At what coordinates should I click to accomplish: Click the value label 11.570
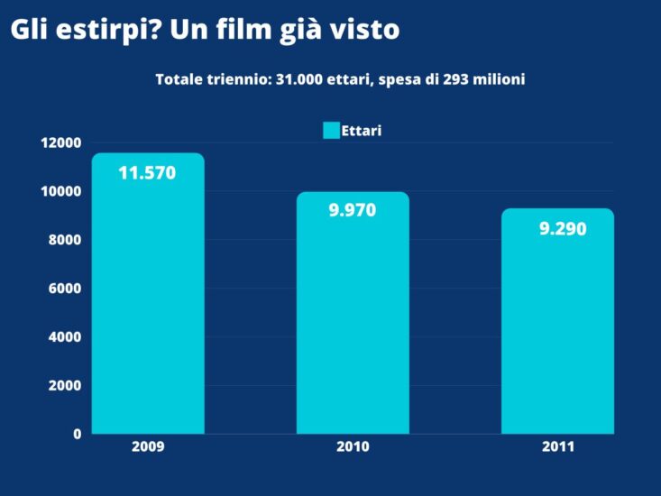click(147, 173)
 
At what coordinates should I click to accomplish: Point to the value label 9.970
click(353, 210)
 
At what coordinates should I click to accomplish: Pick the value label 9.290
click(563, 229)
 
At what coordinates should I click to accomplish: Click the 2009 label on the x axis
click(148, 447)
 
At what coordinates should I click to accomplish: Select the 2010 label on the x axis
click(353, 447)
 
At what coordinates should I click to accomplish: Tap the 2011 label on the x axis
click(558, 447)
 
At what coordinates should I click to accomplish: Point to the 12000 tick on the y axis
click(61, 142)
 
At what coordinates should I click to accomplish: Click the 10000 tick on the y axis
click(61, 191)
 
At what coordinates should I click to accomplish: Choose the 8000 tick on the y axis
click(65, 240)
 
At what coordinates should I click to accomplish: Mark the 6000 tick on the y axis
click(65, 289)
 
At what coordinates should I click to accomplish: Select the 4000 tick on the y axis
click(65, 336)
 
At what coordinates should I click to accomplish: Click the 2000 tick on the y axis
click(65, 385)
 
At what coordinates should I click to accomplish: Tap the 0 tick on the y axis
click(78, 434)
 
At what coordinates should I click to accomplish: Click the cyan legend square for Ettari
click(331, 131)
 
